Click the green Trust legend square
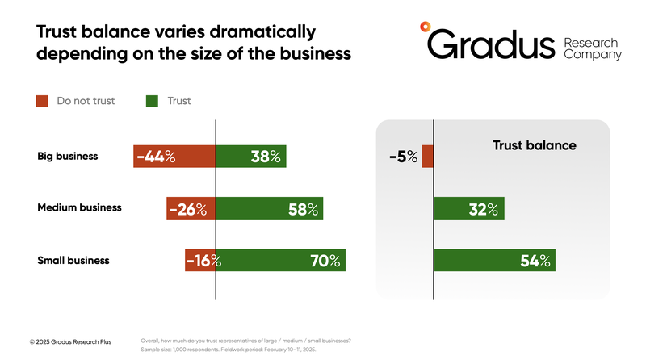(x=152, y=102)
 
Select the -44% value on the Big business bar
(x=156, y=157)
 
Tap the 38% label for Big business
(x=266, y=157)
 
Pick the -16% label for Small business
(x=203, y=261)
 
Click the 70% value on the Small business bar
(x=327, y=261)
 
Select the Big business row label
(x=68, y=156)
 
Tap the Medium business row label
(x=79, y=207)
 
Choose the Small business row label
(x=73, y=260)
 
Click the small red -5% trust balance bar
(x=428, y=157)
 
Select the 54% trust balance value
(x=534, y=261)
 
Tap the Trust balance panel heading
(x=534, y=146)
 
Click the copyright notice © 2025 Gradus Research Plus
(x=71, y=342)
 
